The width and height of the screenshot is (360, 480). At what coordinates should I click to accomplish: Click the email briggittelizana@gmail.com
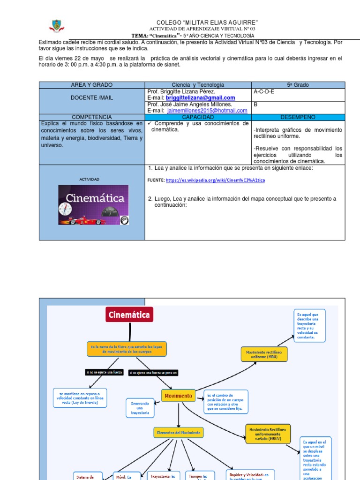coord(200,97)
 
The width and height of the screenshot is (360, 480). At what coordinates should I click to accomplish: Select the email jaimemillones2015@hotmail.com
coord(207,111)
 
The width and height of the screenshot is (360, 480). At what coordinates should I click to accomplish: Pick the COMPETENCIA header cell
coord(92,117)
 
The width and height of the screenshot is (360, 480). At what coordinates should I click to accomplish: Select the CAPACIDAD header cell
coord(198,117)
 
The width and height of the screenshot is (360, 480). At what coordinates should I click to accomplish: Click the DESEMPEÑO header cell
coord(298,117)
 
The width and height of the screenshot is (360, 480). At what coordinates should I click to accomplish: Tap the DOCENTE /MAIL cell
coord(92,97)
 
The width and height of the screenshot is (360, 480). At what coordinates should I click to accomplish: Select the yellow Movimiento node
coord(178,396)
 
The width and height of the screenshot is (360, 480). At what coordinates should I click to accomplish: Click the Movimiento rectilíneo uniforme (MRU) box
coord(264,354)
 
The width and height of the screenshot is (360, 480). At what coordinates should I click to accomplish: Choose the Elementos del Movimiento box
coord(178,433)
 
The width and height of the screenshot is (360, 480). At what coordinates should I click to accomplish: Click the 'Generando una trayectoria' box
coord(140,408)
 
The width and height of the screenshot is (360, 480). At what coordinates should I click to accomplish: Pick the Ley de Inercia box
coord(80,398)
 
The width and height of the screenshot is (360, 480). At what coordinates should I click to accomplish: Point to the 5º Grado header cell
coord(298,85)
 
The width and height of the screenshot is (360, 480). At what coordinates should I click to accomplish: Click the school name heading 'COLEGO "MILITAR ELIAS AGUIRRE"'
coord(207,23)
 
